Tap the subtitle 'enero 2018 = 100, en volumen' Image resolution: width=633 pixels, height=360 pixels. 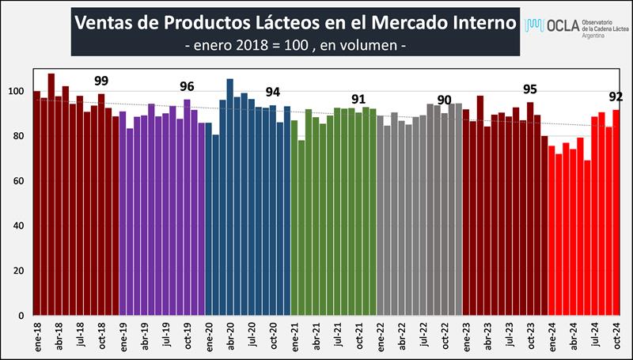(295, 46)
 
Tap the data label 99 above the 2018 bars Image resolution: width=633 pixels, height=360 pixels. (101, 81)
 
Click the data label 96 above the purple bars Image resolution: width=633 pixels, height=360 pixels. (188, 86)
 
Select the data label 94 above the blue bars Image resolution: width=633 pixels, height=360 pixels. (273, 91)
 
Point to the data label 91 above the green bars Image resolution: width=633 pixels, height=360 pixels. (358, 99)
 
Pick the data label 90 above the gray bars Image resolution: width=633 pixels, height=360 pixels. (445, 100)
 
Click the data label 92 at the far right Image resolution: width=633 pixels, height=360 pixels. (616, 97)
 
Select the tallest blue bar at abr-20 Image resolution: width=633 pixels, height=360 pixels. (230, 198)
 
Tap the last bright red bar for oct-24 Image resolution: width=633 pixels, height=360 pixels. (616, 213)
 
